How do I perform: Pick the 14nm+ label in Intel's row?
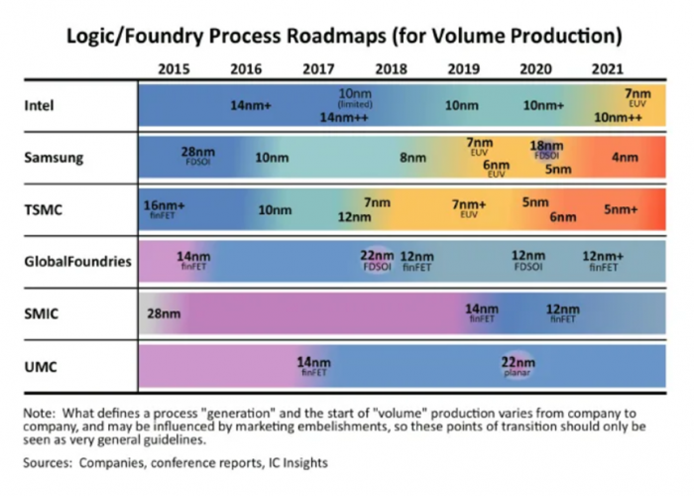(x=251, y=104)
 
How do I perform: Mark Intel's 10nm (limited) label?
(x=354, y=97)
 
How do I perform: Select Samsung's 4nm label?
(x=625, y=157)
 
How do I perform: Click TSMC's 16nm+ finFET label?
(x=165, y=208)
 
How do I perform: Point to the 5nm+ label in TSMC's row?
(x=621, y=209)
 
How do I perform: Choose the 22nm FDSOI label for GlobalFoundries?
(x=377, y=260)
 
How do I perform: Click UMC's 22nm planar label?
(x=519, y=364)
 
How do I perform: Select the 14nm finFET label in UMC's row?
(x=314, y=366)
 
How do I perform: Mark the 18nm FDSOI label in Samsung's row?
(x=546, y=149)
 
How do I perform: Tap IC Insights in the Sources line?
(x=293, y=462)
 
